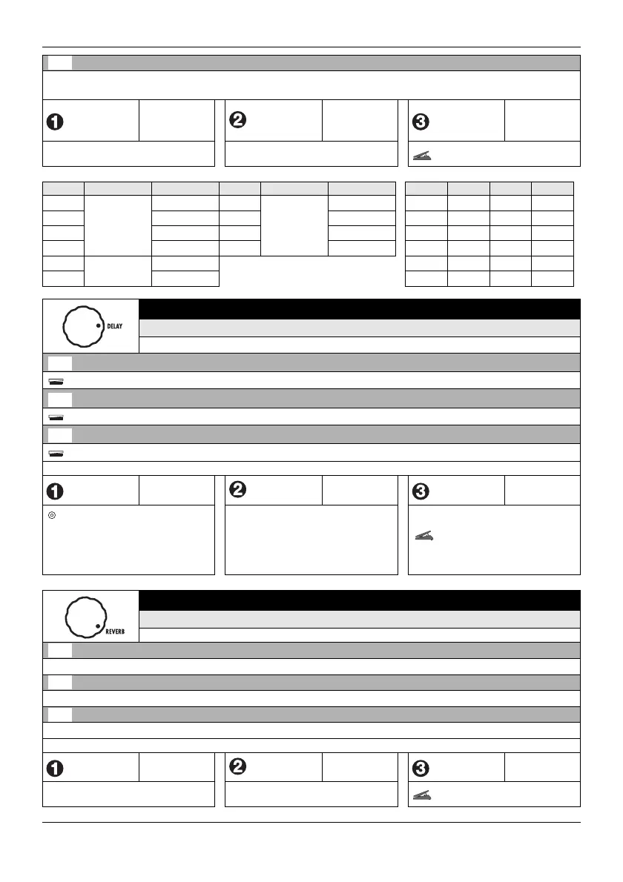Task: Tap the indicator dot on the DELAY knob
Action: click(x=98, y=326)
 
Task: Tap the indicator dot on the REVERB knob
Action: click(x=97, y=628)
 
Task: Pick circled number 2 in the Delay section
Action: click(x=239, y=490)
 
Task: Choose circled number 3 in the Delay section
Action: click(x=421, y=491)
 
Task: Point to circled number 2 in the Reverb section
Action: click(x=239, y=767)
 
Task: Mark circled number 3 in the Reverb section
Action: click(x=421, y=768)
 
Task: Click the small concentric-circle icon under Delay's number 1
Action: click(x=51, y=514)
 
